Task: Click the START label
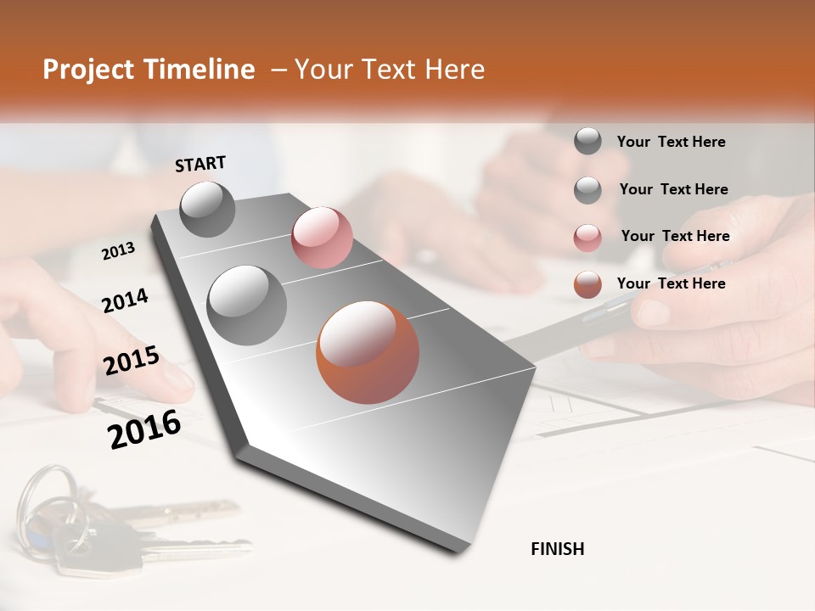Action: [x=200, y=164]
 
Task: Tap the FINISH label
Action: [x=557, y=549]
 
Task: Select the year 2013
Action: [x=118, y=251]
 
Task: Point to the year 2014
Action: [x=125, y=300]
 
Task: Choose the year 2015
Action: [x=132, y=361]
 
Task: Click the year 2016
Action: [x=144, y=429]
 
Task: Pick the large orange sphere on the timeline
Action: [x=368, y=352]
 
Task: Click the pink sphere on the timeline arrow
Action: [x=322, y=238]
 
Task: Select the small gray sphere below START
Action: [x=208, y=209]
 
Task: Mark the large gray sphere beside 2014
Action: [x=246, y=305]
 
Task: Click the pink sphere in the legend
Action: [x=587, y=237]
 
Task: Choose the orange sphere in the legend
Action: [x=587, y=284]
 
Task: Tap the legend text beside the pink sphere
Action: [x=675, y=236]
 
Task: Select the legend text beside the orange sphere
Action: [x=671, y=283]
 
